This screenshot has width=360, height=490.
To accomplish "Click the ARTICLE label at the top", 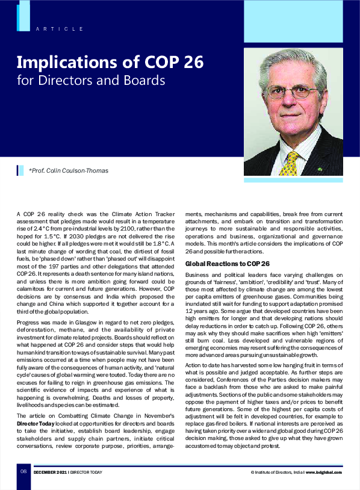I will (59, 29).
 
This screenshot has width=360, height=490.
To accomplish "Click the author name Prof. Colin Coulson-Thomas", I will (69, 170).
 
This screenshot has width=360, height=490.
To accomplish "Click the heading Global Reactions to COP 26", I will (227, 264).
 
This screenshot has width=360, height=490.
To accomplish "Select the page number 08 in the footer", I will (23, 471).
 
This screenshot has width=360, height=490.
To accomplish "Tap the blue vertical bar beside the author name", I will (19, 170).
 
